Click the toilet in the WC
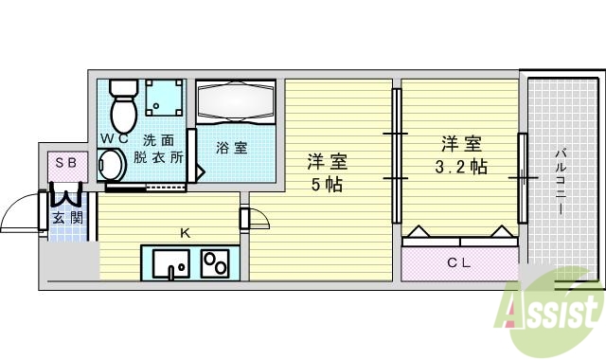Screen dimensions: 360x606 123,106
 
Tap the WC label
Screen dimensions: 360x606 114,139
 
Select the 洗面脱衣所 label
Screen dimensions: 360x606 158,148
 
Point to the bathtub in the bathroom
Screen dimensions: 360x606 236,101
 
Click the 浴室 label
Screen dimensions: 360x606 231,148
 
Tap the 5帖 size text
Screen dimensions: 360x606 329,184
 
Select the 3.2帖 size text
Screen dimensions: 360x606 460,168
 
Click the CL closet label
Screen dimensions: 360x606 459,262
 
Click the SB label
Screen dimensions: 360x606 65,163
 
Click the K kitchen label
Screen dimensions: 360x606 187,230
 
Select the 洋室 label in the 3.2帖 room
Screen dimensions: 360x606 460,145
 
